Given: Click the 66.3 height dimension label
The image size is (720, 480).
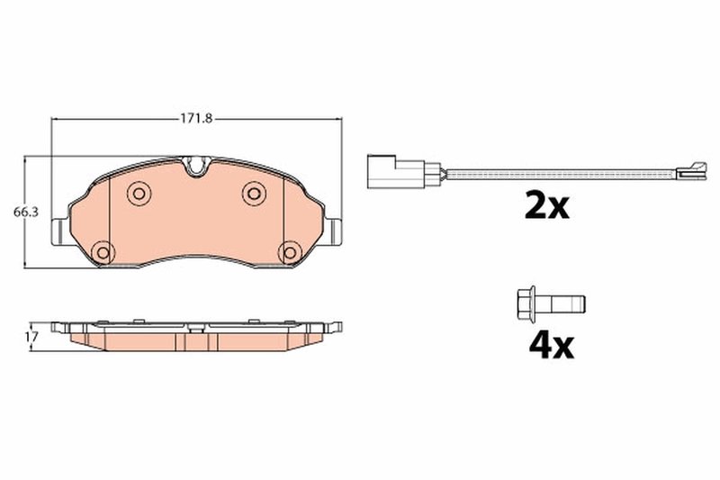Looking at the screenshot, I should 23,213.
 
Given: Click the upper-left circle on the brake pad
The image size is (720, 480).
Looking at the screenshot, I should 138,193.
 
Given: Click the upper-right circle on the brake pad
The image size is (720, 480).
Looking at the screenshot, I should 254,193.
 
